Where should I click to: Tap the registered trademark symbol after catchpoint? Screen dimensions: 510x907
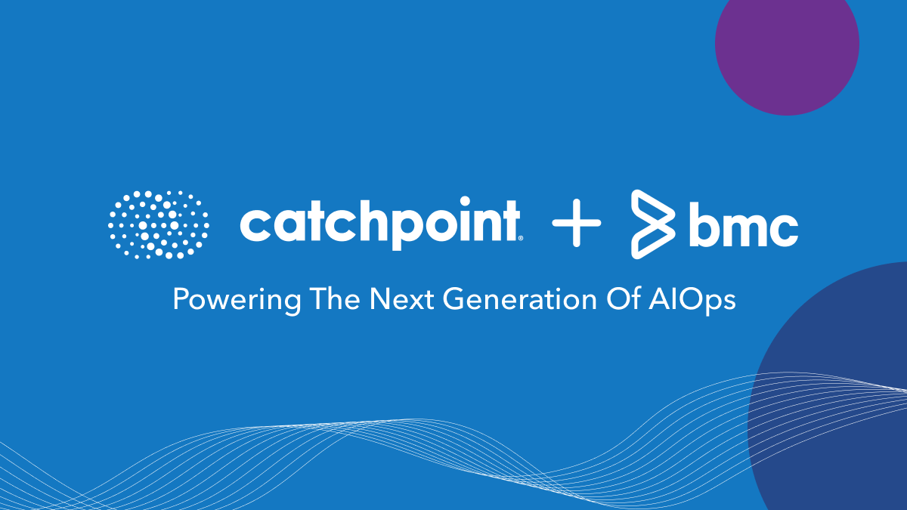click(x=521, y=237)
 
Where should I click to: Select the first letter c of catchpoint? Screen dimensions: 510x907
click(x=255, y=224)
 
